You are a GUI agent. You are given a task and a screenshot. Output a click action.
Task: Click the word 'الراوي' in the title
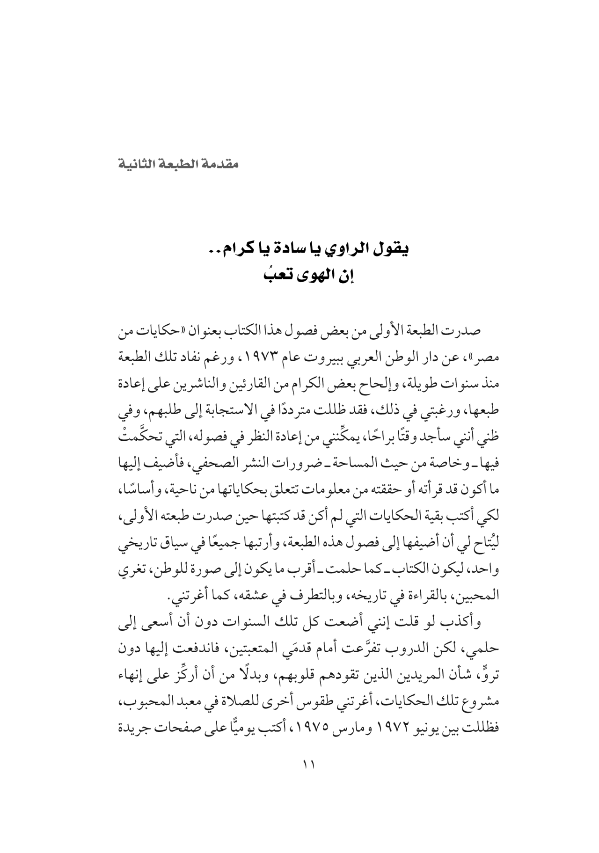(348, 249)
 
